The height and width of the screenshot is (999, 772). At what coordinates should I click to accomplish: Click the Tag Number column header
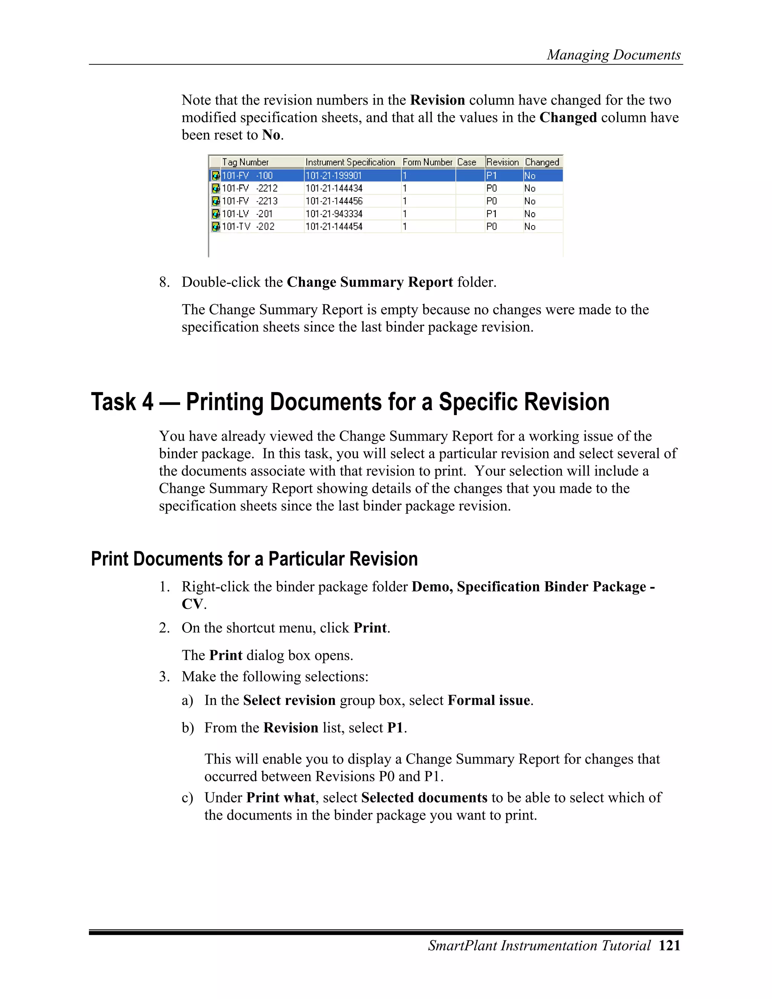[246, 162]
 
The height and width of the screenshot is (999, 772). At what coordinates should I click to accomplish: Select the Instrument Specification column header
[350, 162]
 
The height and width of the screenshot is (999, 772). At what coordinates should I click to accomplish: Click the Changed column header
[542, 162]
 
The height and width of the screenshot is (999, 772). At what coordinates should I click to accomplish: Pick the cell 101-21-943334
[334, 214]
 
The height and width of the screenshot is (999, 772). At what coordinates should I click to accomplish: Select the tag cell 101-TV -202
[248, 227]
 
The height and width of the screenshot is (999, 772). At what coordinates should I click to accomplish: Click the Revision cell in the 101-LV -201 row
[492, 214]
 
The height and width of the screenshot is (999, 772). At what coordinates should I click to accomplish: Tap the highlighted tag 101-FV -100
[247, 175]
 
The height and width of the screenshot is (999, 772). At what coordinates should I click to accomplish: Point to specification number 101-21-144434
[334, 188]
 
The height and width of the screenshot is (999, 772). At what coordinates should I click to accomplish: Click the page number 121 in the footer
[669, 945]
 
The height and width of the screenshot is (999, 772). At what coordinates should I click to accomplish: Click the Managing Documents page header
[614, 55]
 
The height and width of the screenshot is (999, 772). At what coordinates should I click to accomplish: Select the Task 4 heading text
[350, 402]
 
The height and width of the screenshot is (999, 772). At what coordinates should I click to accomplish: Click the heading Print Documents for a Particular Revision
[254, 559]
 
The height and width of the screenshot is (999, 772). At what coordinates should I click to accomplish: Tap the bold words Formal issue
[489, 700]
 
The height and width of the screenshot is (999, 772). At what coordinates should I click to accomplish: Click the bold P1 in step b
[395, 728]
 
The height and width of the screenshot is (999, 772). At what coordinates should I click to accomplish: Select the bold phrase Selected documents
[424, 797]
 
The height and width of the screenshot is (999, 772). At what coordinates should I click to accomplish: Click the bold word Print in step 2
[369, 628]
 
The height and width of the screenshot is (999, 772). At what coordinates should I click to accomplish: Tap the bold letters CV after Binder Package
[192, 604]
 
